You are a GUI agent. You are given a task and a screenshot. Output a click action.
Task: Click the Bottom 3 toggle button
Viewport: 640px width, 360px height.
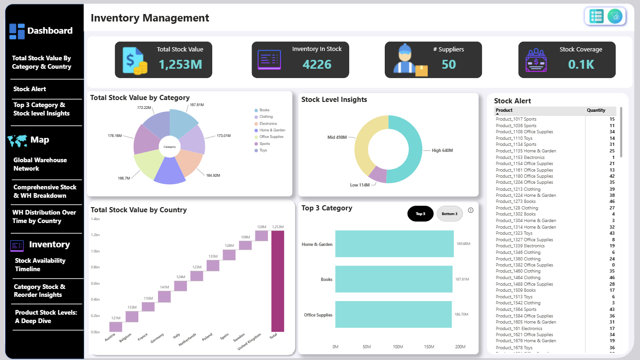[449, 214]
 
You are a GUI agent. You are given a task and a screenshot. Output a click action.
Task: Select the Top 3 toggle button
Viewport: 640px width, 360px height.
[420, 214]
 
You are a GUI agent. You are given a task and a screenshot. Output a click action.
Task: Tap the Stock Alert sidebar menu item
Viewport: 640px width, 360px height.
[30, 89]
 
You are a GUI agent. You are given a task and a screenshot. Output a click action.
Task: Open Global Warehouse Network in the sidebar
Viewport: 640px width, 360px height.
[40, 164]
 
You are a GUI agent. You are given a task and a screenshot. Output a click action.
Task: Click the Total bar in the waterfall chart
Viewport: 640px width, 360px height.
[278, 281]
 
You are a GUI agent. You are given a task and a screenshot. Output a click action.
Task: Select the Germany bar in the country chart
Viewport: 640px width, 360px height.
[164, 296]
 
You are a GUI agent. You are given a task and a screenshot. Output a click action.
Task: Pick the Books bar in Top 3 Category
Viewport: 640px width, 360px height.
[394, 279]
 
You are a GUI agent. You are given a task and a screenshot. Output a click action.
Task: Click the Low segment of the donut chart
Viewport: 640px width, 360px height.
[378, 174]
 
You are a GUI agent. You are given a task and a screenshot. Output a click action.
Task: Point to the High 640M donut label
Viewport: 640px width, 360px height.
[442, 150]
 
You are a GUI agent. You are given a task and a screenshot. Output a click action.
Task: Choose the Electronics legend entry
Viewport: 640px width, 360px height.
[268, 123]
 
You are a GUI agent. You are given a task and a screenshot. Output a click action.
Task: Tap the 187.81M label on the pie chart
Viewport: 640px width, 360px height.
[196, 105]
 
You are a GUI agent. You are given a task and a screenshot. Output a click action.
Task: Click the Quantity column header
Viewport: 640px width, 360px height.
[596, 110]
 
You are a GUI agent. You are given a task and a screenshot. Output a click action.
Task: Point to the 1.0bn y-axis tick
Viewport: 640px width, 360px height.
[95, 251]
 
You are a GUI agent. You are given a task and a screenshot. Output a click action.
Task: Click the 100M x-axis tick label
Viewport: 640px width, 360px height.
[398, 346]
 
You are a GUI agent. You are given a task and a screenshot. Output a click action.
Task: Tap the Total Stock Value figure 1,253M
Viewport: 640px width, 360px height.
[180, 65]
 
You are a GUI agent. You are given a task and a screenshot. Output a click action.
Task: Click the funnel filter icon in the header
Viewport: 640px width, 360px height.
[615, 16]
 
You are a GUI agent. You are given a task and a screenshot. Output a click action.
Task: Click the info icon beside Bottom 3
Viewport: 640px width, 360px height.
[471, 210]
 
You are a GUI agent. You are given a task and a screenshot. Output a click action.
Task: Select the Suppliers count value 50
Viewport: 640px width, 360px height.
[449, 65]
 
